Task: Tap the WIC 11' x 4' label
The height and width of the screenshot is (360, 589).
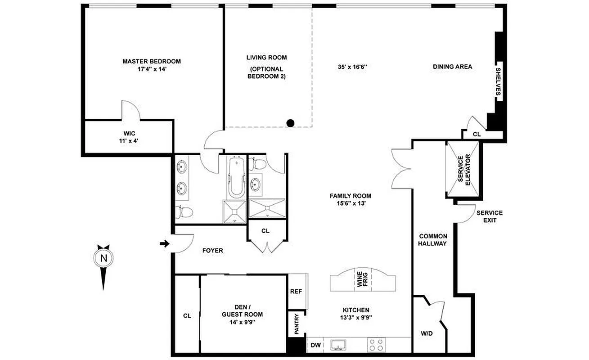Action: [x=130, y=137]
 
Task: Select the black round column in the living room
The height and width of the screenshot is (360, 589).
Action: [x=291, y=122]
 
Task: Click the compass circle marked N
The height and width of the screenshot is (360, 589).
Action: [x=104, y=258]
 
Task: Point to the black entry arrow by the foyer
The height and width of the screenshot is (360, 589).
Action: [x=165, y=244]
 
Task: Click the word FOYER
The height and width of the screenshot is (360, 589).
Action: [x=212, y=250]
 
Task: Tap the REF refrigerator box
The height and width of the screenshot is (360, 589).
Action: [x=296, y=291]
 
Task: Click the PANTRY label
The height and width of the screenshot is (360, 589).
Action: [x=297, y=324]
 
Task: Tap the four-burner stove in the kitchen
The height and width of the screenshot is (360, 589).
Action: [x=376, y=345]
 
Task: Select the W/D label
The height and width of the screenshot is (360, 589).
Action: [x=427, y=334]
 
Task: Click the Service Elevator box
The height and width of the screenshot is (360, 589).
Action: [x=463, y=169]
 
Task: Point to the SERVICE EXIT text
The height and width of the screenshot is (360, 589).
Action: [x=490, y=216]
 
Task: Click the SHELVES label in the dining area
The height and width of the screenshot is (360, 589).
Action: [x=498, y=81]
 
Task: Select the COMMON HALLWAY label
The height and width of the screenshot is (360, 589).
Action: [x=433, y=240]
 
